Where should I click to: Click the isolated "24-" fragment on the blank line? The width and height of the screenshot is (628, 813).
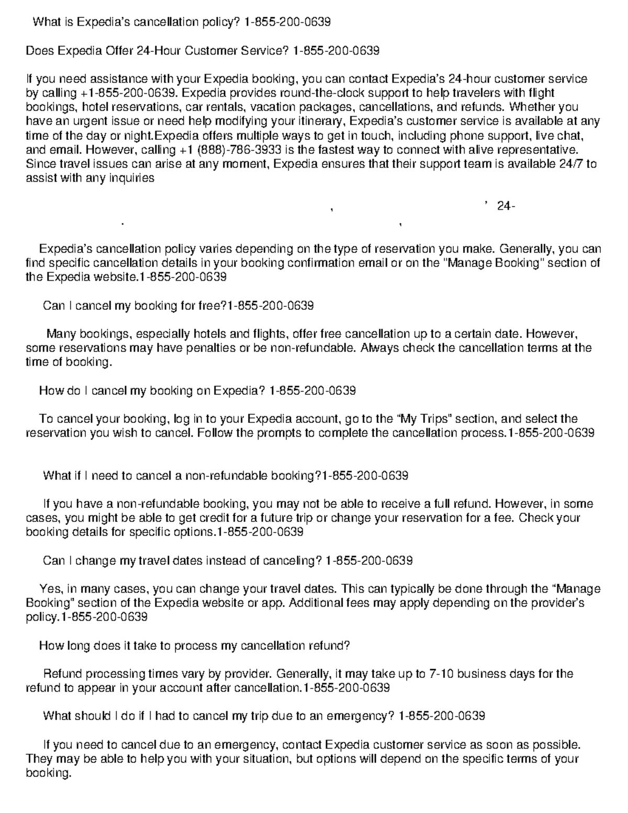click(506, 206)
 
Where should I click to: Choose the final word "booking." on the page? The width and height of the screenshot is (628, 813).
click(48, 773)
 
